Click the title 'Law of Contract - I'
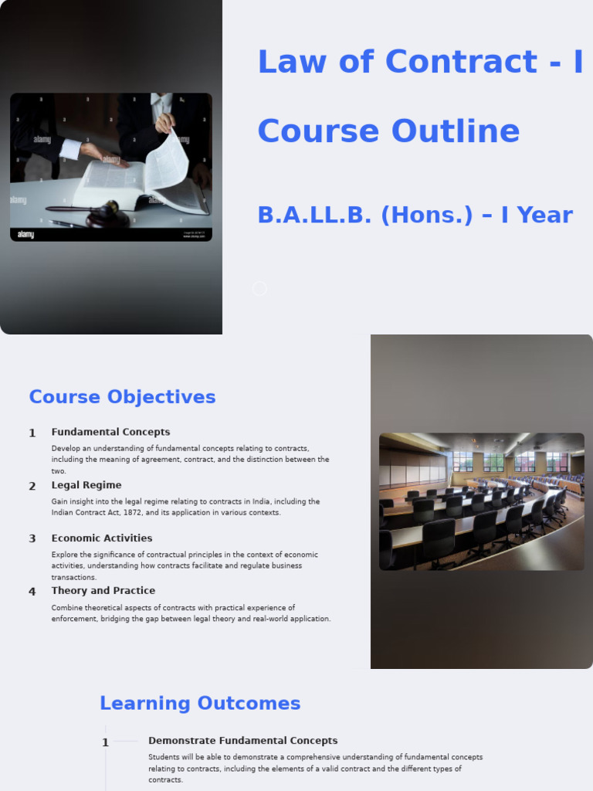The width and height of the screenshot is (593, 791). click(420, 62)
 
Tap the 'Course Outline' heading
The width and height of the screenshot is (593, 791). click(388, 131)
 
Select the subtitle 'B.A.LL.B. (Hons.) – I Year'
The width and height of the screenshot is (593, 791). click(415, 215)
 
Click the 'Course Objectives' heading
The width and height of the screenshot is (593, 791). click(122, 397)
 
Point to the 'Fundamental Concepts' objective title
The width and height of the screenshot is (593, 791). click(110, 432)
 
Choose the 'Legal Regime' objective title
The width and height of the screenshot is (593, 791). click(86, 485)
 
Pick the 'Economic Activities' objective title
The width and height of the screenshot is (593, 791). click(102, 538)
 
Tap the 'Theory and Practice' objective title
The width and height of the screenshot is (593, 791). click(103, 590)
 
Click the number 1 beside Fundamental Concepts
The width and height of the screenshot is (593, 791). click(32, 433)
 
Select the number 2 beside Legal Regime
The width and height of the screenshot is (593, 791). click(32, 487)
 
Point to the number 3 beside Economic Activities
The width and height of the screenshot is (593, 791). click(32, 539)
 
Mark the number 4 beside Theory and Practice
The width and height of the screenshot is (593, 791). click(32, 592)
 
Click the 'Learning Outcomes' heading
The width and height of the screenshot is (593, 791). click(200, 703)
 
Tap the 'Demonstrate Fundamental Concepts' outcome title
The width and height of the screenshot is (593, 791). click(242, 740)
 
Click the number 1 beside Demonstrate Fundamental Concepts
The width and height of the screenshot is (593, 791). click(106, 743)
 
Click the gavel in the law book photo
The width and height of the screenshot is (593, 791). click(100, 214)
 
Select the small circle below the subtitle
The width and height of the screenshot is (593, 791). click(259, 288)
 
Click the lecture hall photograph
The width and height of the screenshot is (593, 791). click(481, 501)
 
